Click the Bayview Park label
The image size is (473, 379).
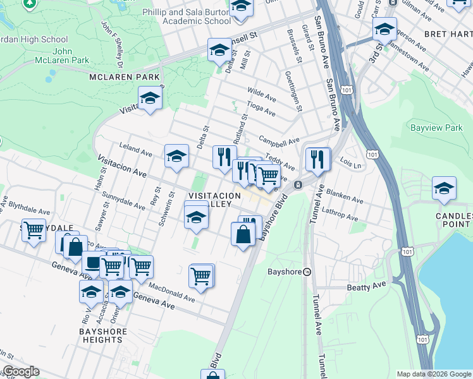(436, 128)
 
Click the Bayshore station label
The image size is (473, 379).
(286, 272)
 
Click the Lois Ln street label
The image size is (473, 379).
(350, 164)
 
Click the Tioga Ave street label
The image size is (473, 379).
(261, 109)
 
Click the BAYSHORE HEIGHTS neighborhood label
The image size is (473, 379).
(102, 335)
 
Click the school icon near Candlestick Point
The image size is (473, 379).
(444, 188)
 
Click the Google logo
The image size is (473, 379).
(20, 371)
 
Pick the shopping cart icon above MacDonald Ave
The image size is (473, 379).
(201, 275)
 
